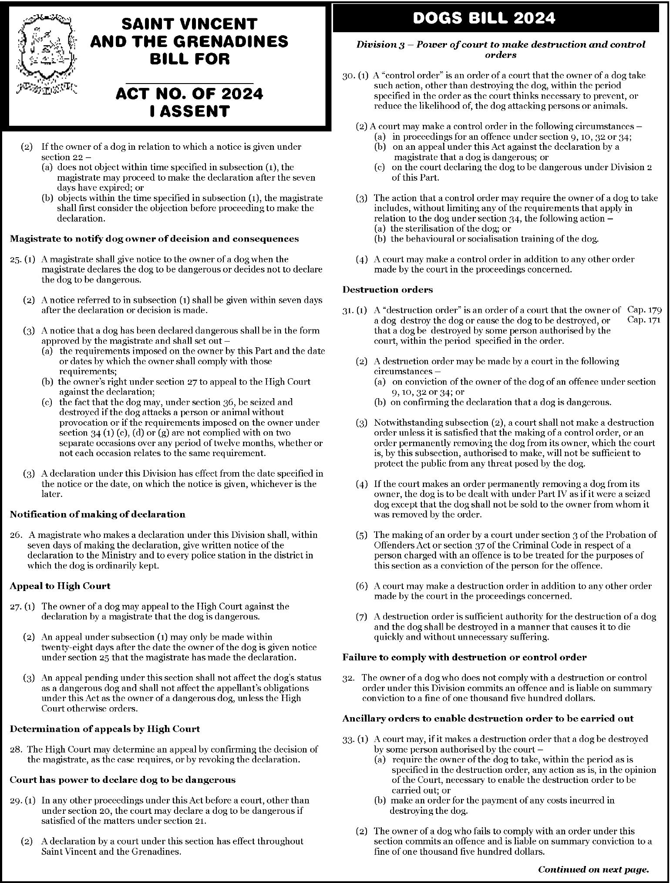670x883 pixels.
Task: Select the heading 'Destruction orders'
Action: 387,290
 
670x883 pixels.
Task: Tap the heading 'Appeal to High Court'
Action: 60,586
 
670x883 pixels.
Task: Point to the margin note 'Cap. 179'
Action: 644,310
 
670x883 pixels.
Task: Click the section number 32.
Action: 349,678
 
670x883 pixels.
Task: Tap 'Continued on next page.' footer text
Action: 593,870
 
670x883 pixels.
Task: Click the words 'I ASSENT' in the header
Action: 189,111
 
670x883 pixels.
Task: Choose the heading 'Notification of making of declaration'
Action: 98,514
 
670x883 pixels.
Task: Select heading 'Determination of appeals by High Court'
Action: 105,729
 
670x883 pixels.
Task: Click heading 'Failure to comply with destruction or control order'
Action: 464,657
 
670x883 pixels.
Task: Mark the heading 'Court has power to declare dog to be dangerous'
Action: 122,779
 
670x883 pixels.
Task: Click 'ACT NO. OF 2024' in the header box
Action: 189,94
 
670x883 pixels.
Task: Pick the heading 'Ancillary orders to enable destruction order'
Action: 488,718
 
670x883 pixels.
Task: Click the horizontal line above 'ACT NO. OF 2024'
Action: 189,82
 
